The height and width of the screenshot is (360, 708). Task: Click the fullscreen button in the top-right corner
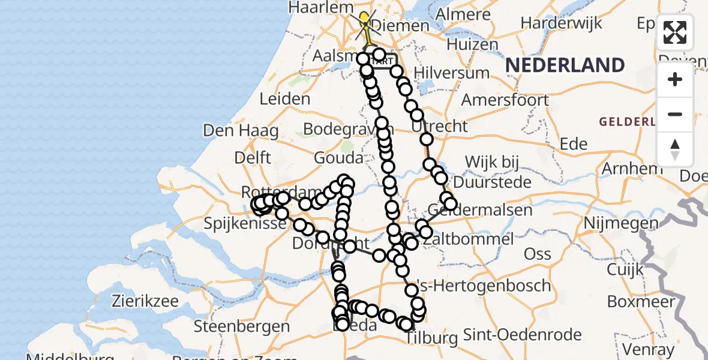click(x=675, y=32)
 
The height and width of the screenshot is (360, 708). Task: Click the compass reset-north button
click(x=675, y=149)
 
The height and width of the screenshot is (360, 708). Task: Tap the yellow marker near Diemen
click(x=364, y=17)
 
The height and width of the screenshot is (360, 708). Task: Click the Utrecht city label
click(x=445, y=127)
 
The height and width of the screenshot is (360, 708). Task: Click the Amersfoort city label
click(x=505, y=100)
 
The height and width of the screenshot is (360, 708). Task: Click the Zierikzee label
click(x=143, y=301)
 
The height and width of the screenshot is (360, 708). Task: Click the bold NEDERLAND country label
click(x=565, y=65)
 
